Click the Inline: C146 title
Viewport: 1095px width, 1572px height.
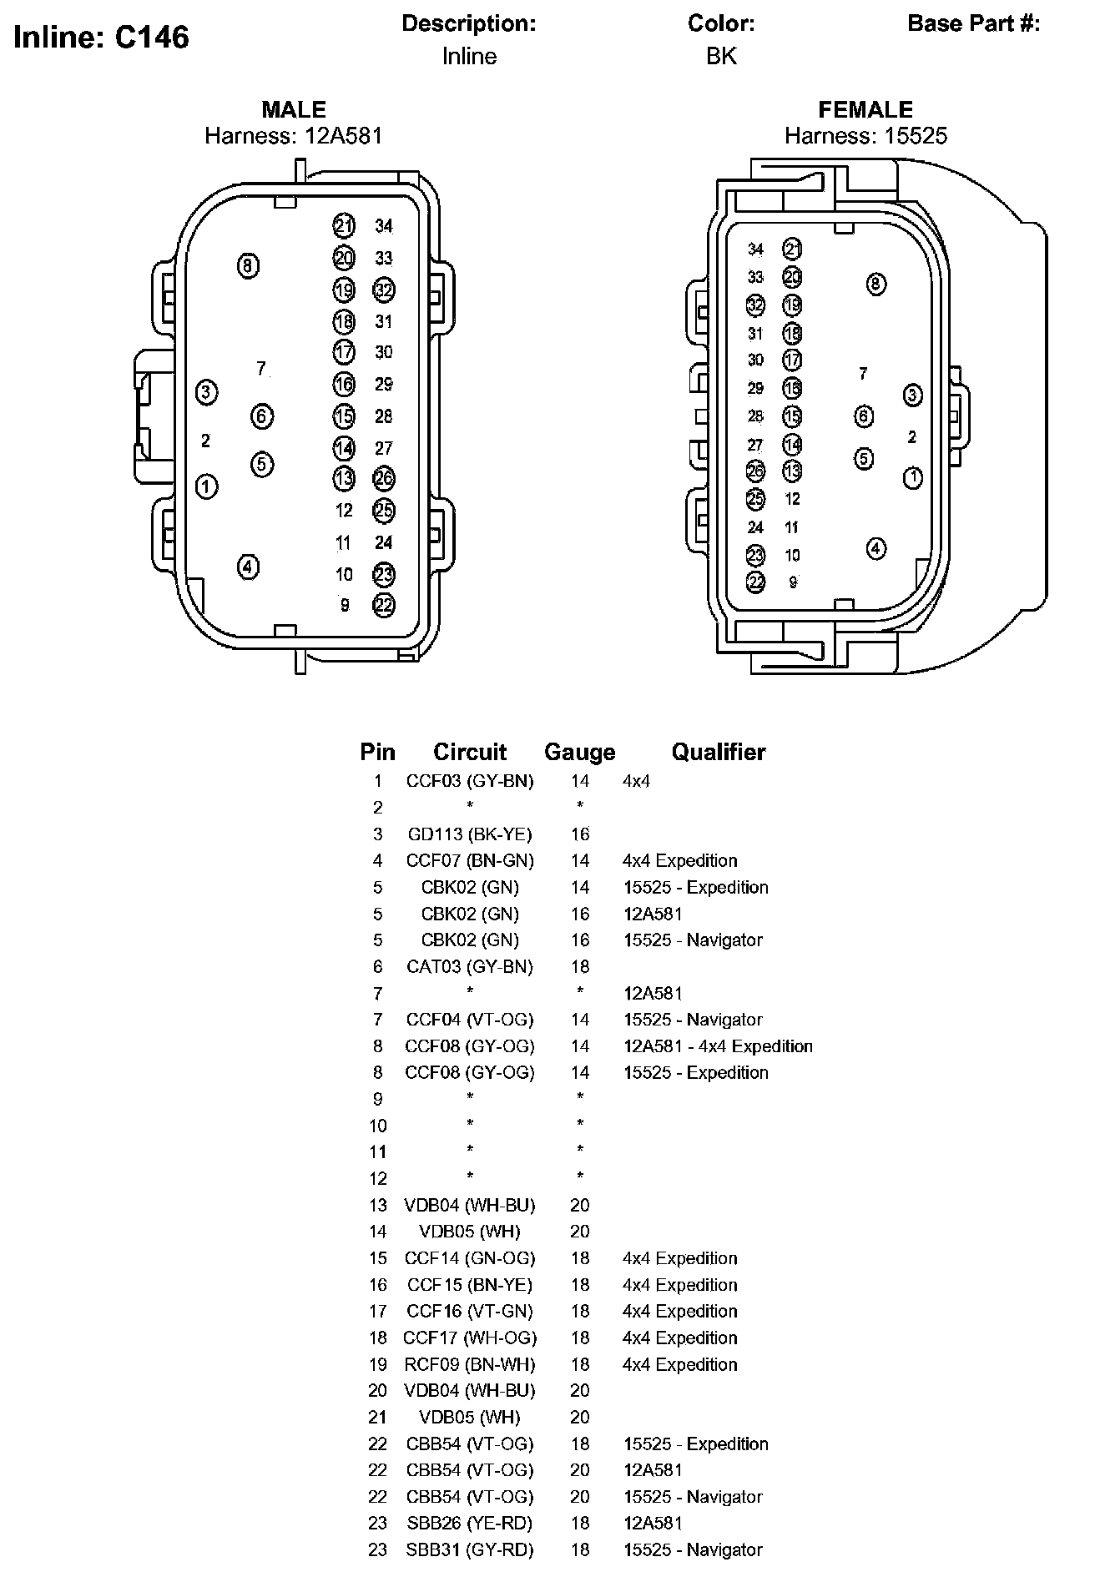point(102,38)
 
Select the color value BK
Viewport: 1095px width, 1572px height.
point(721,56)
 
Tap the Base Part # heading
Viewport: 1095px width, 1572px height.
point(973,23)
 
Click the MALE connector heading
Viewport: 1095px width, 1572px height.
point(294,109)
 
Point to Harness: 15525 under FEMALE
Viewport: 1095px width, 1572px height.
point(865,136)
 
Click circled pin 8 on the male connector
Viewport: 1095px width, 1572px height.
point(248,266)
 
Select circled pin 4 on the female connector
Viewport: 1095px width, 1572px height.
point(875,548)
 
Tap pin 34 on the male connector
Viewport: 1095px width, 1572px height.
point(383,225)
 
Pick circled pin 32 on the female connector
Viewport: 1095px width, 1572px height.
point(755,305)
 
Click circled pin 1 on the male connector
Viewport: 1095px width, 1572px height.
point(206,486)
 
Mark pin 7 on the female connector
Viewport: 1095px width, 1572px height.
point(863,374)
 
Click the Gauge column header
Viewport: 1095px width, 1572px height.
point(579,752)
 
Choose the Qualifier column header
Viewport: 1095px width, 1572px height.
point(718,752)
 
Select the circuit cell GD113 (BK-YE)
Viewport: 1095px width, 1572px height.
point(470,834)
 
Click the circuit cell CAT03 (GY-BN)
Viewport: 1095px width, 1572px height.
point(470,966)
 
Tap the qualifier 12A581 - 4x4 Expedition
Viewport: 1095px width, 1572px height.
point(718,1046)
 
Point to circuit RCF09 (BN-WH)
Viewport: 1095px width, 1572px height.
point(470,1364)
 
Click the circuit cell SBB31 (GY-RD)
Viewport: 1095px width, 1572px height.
point(470,1549)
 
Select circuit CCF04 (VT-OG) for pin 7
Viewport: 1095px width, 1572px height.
point(470,1020)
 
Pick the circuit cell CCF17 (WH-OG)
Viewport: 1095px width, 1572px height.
point(470,1338)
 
